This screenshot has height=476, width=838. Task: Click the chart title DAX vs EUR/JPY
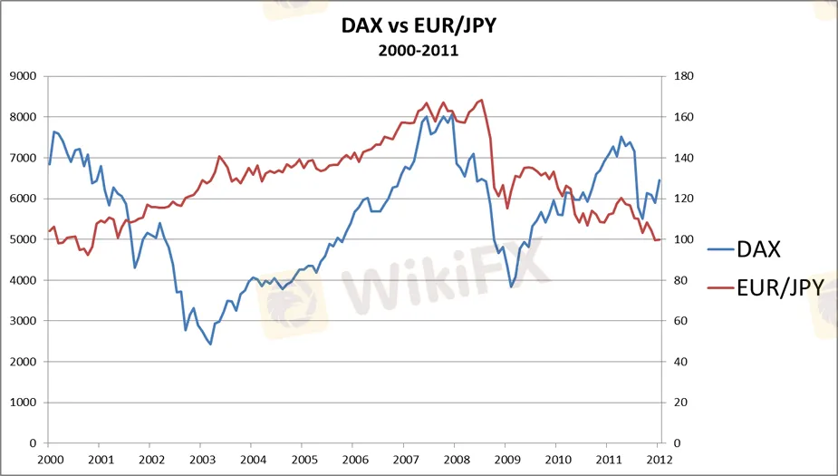pyautogui.click(x=419, y=25)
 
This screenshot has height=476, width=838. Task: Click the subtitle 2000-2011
pyautogui.click(x=419, y=51)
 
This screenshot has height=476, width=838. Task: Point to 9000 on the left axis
pyautogui.click(x=23, y=76)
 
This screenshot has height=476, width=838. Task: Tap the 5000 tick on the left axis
pyautogui.click(x=23, y=239)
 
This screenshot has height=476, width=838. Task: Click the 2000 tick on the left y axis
pyautogui.click(x=23, y=362)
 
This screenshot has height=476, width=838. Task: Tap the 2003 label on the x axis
pyautogui.click(x=201, y=459)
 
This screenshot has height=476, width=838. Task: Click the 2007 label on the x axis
pyautogui.click(x=405, y=459)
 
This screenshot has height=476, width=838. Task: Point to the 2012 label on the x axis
pyautogui.click(x=660, y=459)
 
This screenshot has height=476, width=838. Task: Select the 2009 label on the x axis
pyautogui.click(x=506, y=459)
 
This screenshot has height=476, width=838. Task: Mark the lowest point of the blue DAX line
pyautogui.click(x=210, y=345)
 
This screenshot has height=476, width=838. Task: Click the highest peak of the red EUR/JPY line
pyautogui.click(x=481, y=100)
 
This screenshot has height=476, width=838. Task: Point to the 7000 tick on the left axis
pyautogui.click(x=23, y=158)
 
